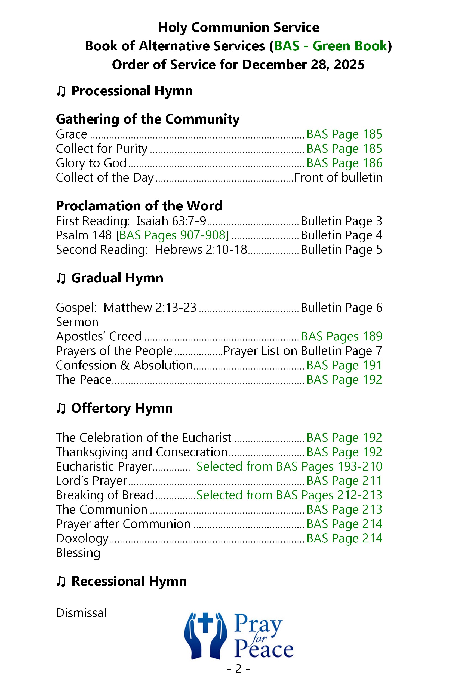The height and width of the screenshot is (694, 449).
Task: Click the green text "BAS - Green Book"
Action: point(331,46)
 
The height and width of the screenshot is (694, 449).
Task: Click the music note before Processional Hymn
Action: point(61,91)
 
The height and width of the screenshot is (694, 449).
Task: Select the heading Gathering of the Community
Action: point(147,119)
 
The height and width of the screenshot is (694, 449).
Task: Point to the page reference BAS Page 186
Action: point(344,163)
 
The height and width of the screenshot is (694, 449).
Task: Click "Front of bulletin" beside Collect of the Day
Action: point(338,177)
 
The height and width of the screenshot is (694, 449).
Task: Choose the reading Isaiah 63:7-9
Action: point(171,221)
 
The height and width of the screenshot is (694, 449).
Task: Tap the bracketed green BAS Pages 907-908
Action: point(173,235)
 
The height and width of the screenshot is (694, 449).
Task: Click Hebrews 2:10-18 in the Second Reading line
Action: point(201,250)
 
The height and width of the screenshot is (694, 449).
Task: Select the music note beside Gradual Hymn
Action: point(61,278)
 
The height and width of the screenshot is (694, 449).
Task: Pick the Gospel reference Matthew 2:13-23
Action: point(150,308)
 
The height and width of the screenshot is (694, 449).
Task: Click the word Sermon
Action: point(77,322)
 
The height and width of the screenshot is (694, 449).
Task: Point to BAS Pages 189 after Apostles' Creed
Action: point(342,336)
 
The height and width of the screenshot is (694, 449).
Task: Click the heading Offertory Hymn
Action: point(122,408)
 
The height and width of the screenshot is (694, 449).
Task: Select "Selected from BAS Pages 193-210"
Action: point(289,466)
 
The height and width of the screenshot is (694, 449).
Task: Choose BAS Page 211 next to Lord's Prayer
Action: point(344,481)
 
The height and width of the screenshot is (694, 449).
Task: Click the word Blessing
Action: point(78,552)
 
